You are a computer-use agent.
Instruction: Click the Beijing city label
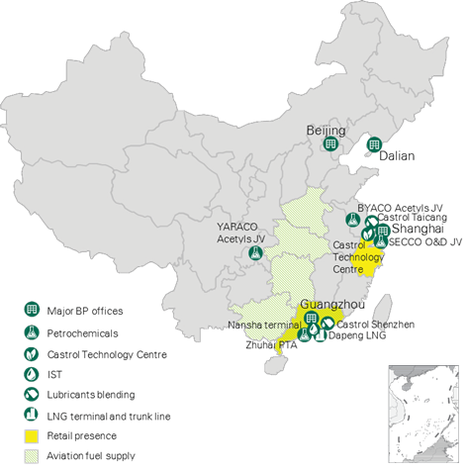tap(325, 131)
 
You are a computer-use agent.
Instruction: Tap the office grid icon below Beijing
tap(328, 145)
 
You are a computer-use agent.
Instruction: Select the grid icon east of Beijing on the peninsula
tap(373, 145)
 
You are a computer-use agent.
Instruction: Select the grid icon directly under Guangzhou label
tap(312, 319)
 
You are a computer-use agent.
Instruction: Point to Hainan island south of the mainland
tap(274, 365)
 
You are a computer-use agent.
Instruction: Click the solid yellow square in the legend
tap(32, 436)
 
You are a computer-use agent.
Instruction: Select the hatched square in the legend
tap(32, 456)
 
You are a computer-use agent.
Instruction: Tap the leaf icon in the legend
tap(32, 352)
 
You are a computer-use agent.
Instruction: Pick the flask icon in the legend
tap(32, 330)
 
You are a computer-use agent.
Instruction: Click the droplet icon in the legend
tap(32, 373)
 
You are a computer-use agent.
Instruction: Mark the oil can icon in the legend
tap(32, 395)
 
